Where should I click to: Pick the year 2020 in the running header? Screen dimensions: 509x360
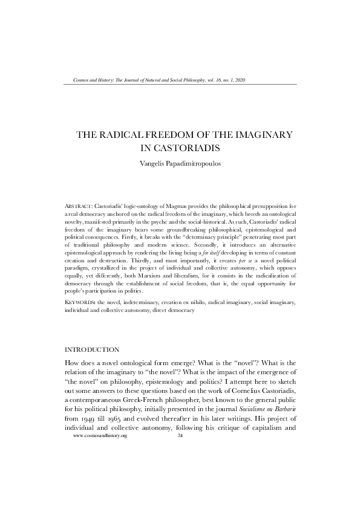pos(239,80)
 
